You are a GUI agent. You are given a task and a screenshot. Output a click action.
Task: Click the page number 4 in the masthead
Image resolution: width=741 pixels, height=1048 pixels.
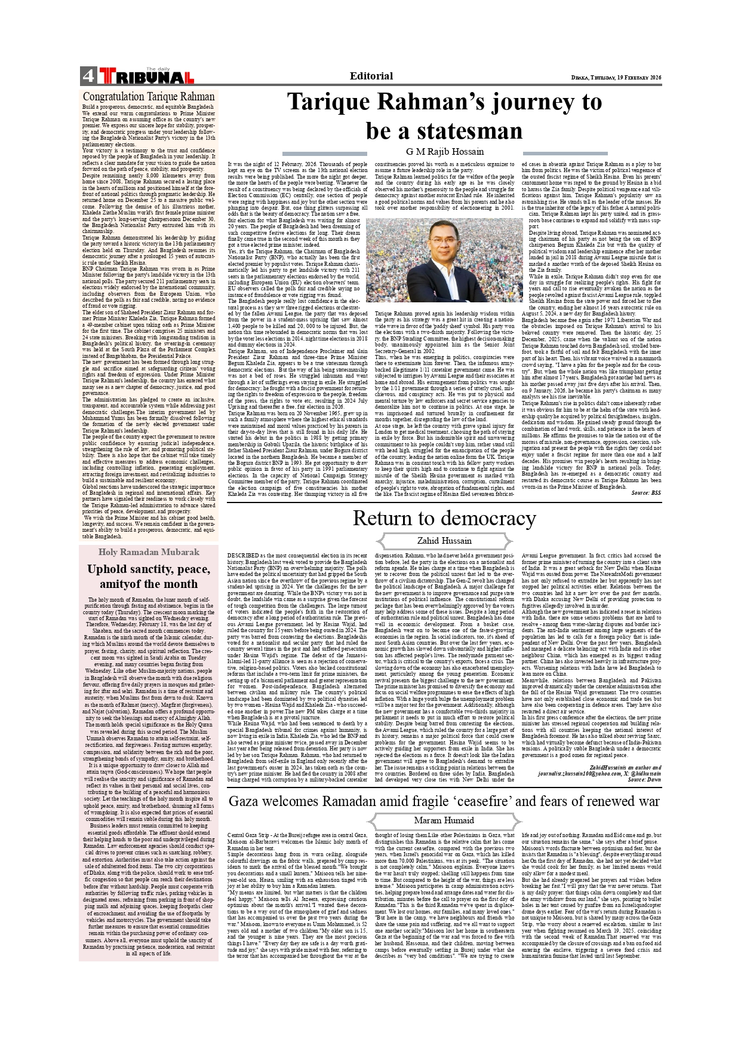pyautogui.click(x=88, y=76)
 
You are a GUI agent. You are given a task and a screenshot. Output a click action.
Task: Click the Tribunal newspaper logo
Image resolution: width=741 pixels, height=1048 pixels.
pyautogui.click(x=146, y=76)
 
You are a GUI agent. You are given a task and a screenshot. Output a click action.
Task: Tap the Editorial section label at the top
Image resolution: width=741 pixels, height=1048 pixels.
pyautogui.click(x=371, y=76)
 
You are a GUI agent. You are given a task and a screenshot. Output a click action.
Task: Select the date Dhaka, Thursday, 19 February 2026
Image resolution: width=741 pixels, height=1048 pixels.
pyautogui.click(x=616, y=78)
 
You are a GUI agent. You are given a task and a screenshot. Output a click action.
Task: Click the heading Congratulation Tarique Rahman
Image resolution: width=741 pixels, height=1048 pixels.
pyautogui.click(x=149, y=97)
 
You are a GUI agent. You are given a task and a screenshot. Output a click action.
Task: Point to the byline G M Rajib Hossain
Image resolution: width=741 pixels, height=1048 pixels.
pyautogui.click(x=445, y=152)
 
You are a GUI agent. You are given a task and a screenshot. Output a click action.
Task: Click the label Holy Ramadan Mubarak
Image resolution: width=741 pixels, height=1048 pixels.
pyautogui.click(x=149, y=552)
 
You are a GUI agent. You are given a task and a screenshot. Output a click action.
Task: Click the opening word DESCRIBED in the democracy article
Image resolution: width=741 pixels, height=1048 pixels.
pyautogui.click(x=243, y=556)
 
